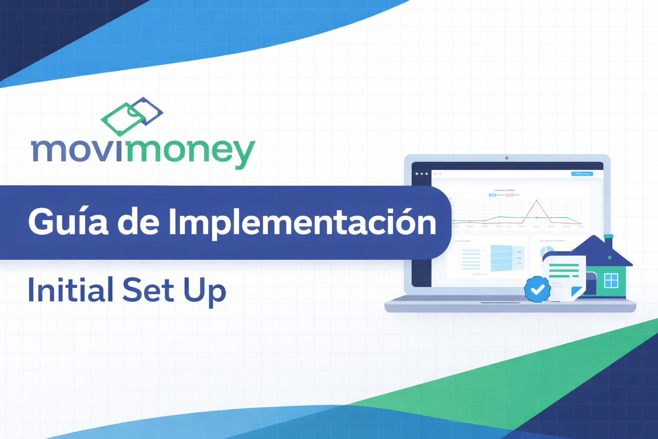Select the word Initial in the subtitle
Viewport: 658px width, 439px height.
70,290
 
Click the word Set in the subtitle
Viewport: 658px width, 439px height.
148,290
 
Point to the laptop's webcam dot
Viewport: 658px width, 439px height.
507,158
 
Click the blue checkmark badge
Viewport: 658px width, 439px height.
537,289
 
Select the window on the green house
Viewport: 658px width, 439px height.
611,280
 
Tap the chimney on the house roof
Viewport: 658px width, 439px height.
608,241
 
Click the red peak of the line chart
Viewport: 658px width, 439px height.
536,201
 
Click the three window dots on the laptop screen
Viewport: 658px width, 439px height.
422,174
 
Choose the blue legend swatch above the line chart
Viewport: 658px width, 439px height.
493,195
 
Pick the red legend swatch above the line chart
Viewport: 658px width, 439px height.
509,195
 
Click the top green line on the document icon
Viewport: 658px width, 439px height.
564,265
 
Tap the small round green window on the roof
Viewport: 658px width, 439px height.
610,258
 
